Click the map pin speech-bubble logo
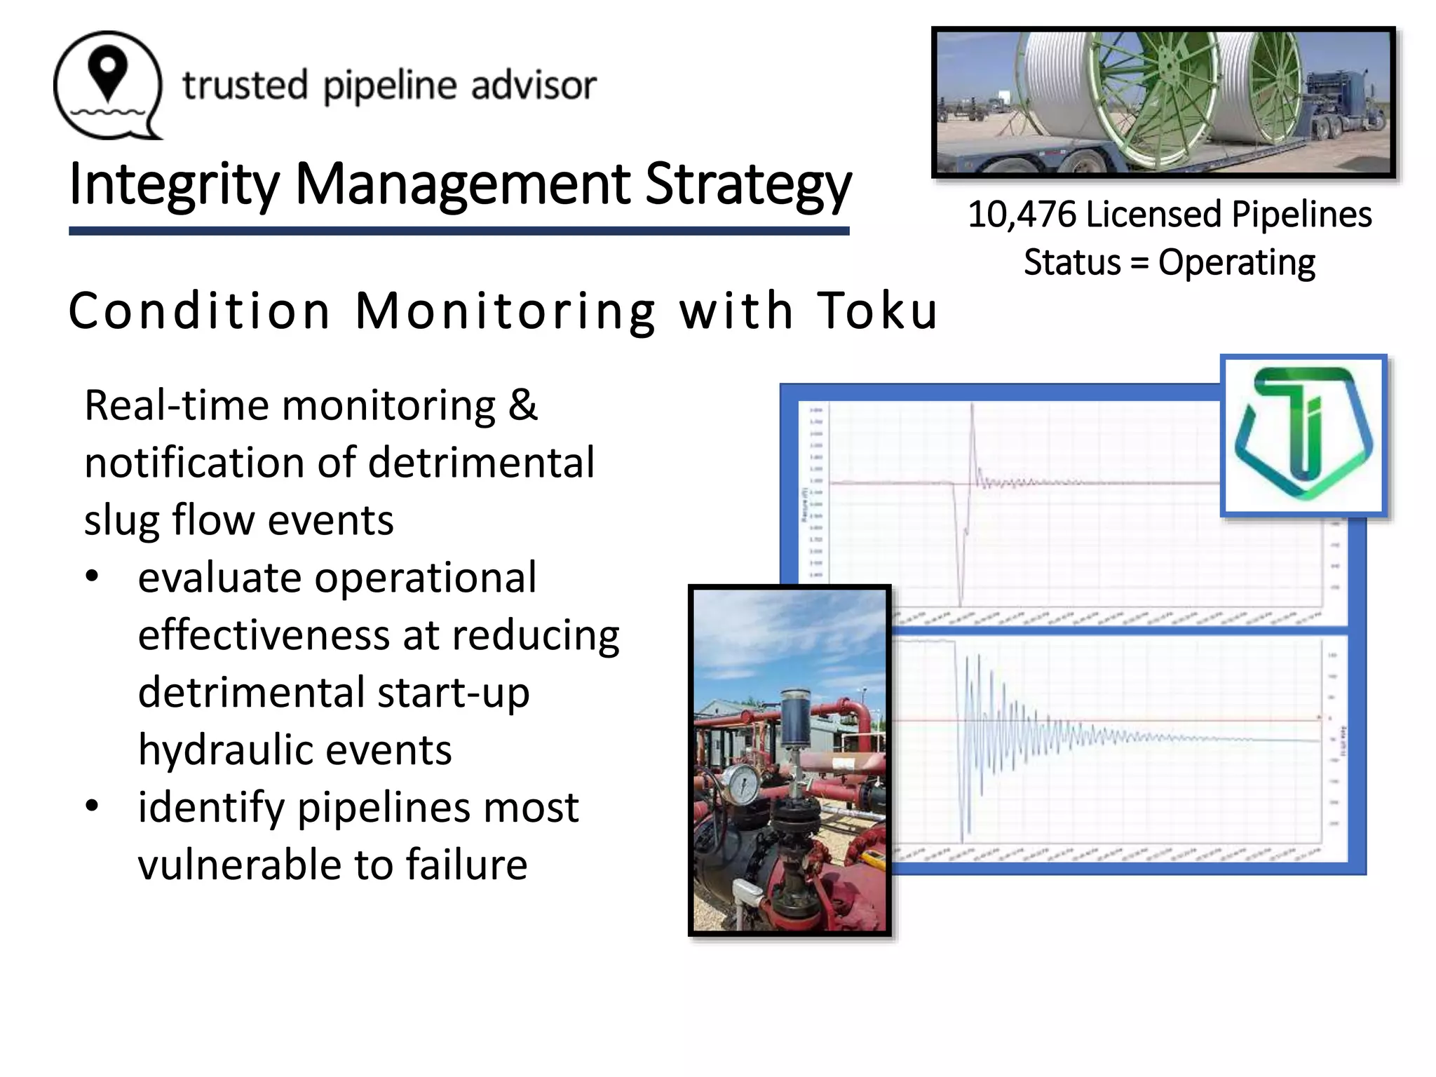108,84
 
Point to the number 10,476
1022,215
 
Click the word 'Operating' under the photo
1237,263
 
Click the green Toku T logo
1303,435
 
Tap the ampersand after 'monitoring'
523,405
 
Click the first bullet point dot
92,577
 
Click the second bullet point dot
92,806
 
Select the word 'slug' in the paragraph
121,520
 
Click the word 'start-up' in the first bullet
453,693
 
